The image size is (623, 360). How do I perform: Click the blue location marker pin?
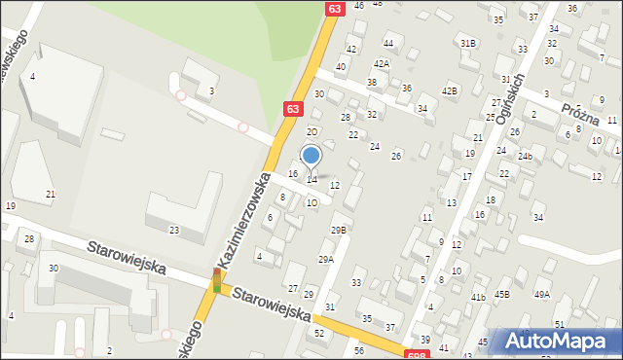[x=311, y=156]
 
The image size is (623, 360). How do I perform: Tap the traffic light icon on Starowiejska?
[x=216, y=280]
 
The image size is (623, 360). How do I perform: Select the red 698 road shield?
[x=416, y=355]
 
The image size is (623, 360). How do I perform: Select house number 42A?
[x=382, y=63]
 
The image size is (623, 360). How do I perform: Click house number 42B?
[x=449, y=90]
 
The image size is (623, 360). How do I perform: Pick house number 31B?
[x=468, y=43]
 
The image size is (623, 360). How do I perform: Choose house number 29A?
[x=326, y=260]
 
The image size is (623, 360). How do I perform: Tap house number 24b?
[x=526, y=156]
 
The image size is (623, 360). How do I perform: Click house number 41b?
[x=478, y=297]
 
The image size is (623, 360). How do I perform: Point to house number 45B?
[x=502, y=294]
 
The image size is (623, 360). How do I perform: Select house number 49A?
[x=541, y=294]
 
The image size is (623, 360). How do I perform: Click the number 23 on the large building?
[x=174, y=230]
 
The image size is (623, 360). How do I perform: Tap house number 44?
[x=388, y=43]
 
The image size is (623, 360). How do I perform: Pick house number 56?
[x=359, y=350]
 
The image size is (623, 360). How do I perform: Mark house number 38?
[x=372, y=83]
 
